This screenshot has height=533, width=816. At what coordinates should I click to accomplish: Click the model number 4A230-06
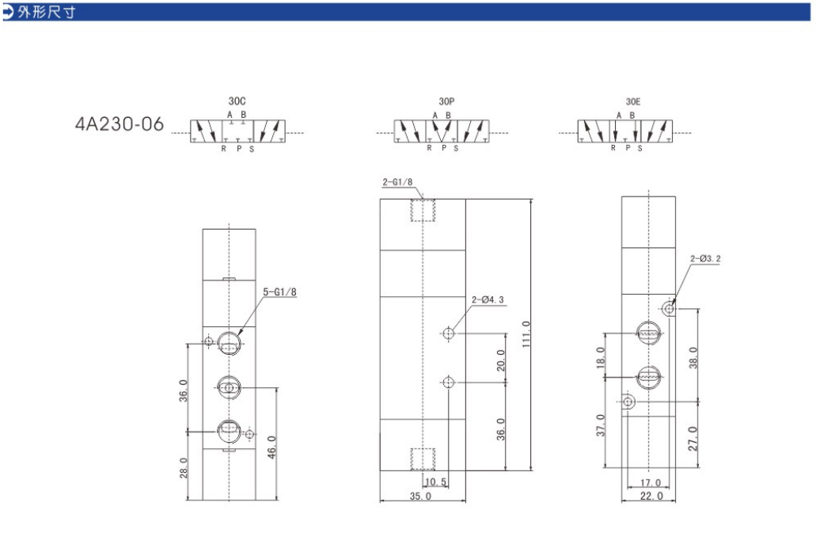click(120, 124)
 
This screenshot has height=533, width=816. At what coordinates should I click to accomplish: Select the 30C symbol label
click(237, 101)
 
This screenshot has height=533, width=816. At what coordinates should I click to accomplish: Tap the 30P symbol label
click(446, 101)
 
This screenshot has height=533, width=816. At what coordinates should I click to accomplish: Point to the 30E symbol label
click(633, 101)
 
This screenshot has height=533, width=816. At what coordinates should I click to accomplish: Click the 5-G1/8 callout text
click(279, 292)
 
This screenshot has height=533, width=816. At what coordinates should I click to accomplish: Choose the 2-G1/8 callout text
click(397, 182)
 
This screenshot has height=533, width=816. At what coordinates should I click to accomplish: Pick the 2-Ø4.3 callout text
click(488, 300)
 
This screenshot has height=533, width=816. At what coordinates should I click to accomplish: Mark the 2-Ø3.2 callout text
click(706, 259)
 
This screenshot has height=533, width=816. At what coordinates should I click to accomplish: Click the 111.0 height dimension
click(526, 334)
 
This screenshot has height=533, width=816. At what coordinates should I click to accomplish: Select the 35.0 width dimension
click(420, 496)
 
